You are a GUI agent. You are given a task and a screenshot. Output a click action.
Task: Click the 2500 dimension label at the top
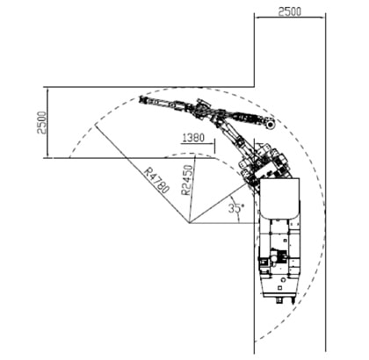click(x=289, y=11)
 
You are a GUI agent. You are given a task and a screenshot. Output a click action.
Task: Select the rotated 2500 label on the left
click(x=41, y=122)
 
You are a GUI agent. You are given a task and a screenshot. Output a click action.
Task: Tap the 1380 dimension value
click(x=193, y=138)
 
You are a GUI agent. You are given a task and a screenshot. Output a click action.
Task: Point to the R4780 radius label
click(x=156, y=180)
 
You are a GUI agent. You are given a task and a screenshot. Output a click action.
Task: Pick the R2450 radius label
click(x=187, y=180)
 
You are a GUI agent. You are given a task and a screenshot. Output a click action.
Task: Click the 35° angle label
click(x=235, y=208)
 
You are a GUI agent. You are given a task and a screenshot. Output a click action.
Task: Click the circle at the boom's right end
click(x=270, y=126)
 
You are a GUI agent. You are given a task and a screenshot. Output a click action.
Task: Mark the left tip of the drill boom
click(x=140, y=98)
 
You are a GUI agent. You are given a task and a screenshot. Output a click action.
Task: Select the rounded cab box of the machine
click(x=280, y=198)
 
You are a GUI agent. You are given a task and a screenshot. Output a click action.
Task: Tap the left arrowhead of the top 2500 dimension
click(x=257, y=18)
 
